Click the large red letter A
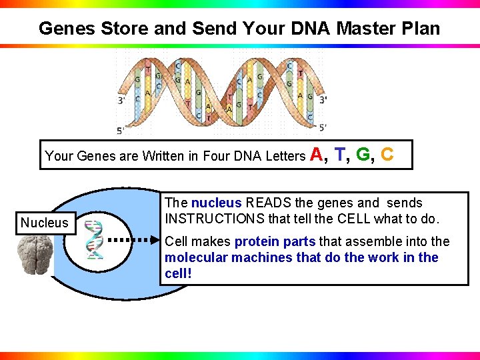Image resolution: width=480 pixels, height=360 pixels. (x=317, y=155)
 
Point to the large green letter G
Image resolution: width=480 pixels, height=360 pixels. (x=364, y=155)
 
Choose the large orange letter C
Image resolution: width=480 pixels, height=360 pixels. (x=387, y=155)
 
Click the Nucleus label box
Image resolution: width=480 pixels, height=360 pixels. (x=44, y=223)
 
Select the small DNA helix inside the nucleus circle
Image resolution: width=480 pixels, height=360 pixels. (x=95, y=239)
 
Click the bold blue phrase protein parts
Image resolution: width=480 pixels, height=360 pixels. (x=275, y=241)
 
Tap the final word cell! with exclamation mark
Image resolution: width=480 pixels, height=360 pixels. (x=178, y=273)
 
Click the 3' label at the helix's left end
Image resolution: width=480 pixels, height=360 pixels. (x=122, y=101)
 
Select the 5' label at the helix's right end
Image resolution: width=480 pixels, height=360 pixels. (x=323, y=127)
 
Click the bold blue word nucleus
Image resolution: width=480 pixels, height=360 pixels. (x=216, y=203)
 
